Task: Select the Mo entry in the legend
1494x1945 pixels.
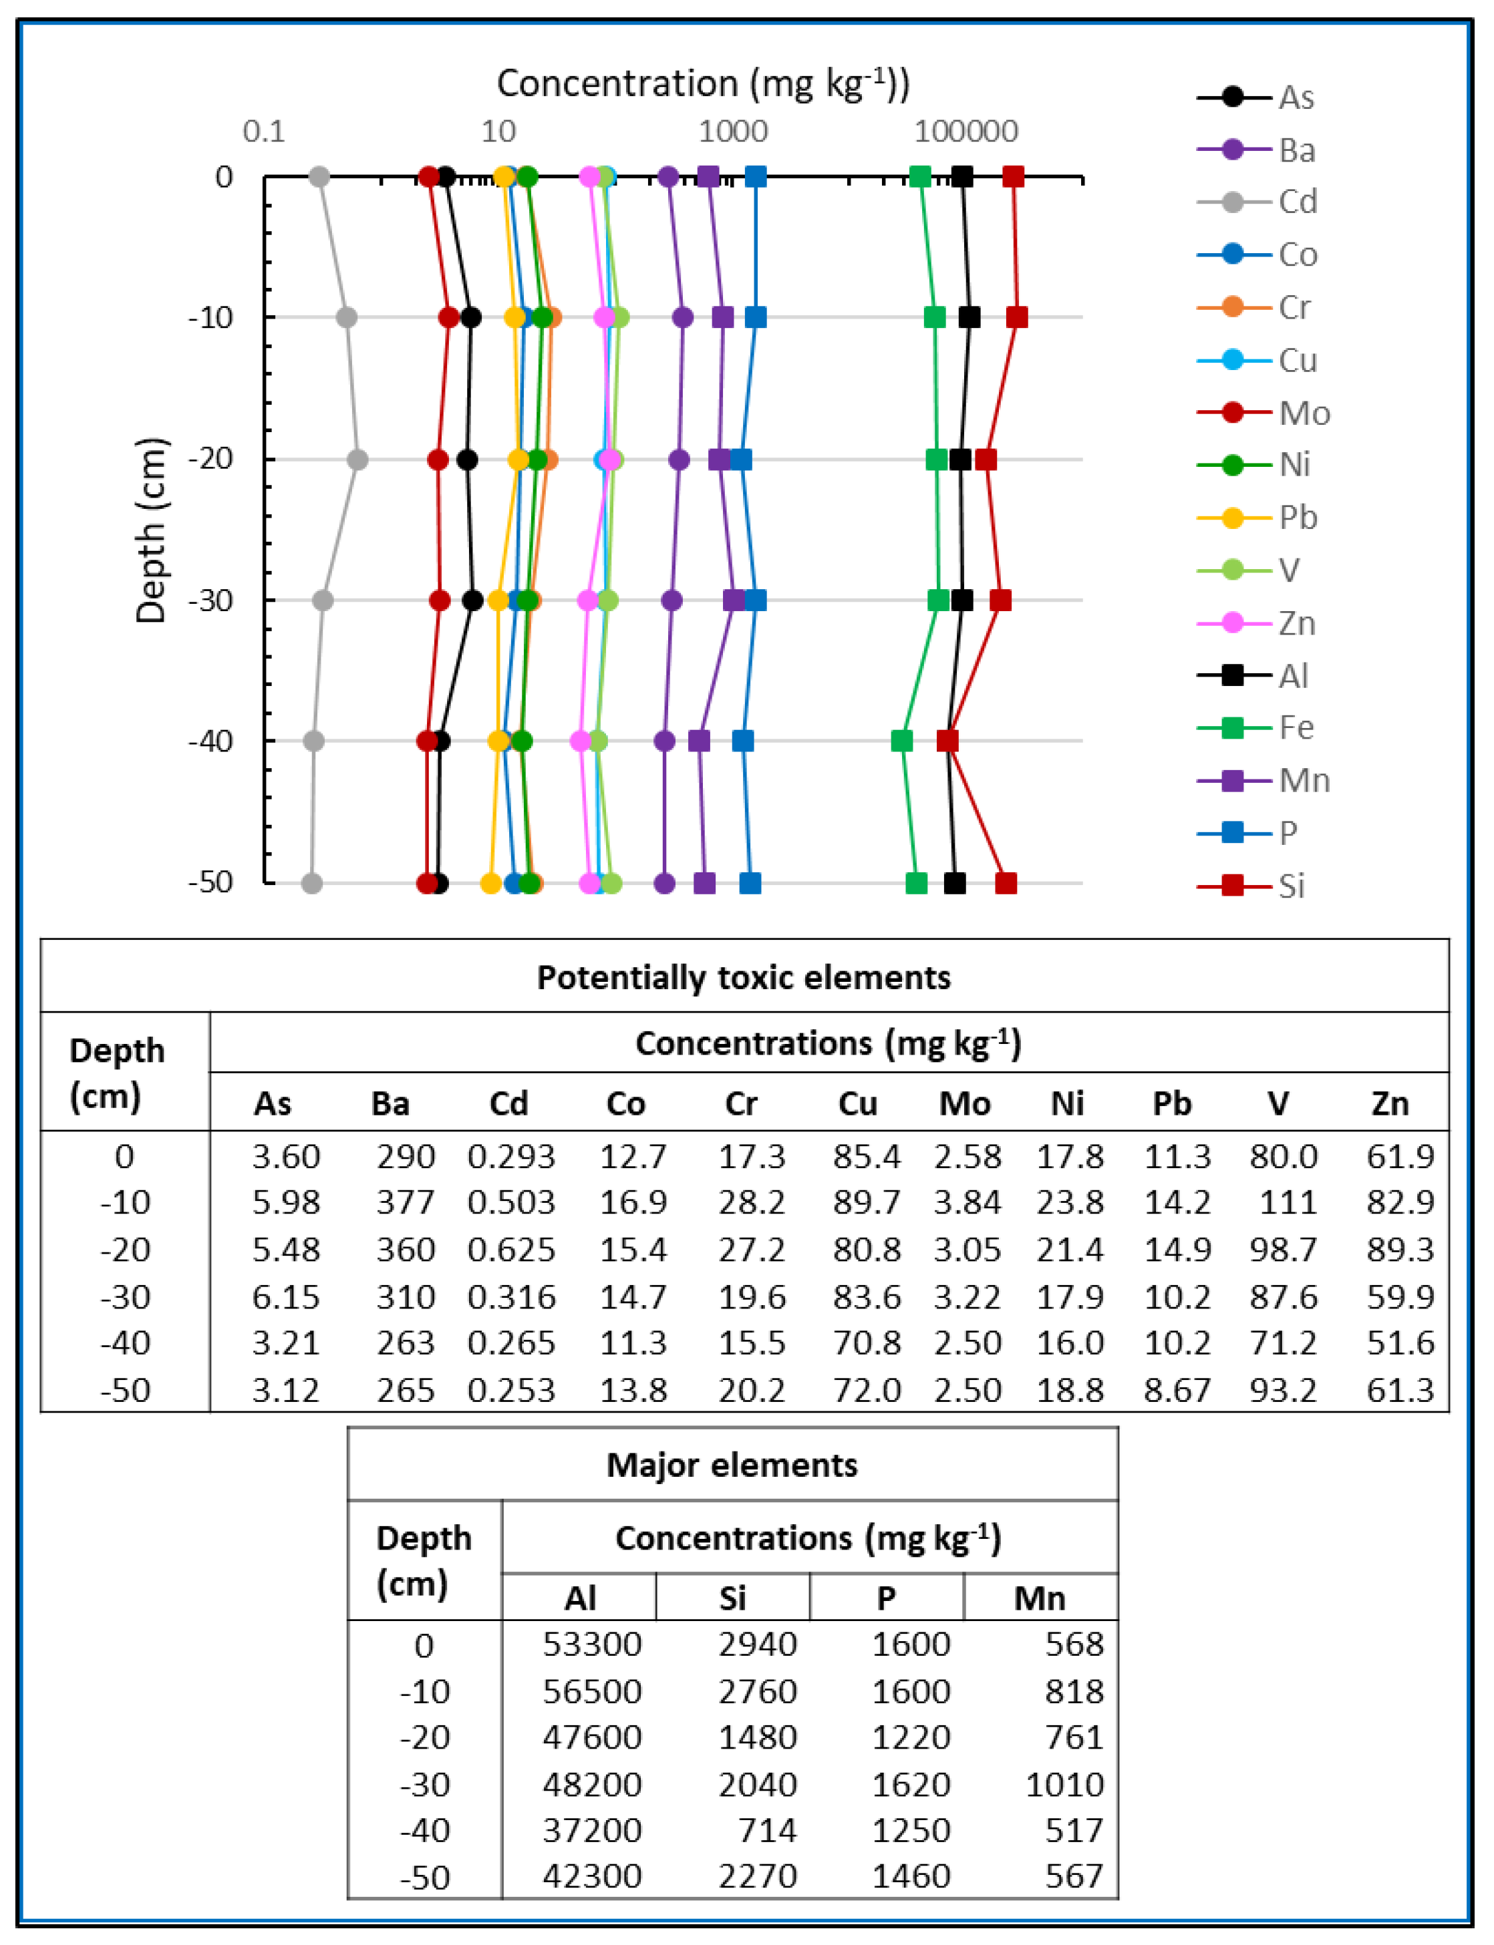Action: [x=1263, y=413]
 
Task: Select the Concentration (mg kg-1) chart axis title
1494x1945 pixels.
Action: [x=702, y=83]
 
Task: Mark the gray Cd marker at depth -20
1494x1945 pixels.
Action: [x=357, y=460]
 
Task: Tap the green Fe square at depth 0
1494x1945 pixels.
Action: [x=921, y=177]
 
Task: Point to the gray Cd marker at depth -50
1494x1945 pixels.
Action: [x=311, y=884]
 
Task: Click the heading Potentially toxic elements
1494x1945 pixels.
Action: [x=744, y=977]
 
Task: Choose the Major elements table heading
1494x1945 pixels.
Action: [x=732, y=1464]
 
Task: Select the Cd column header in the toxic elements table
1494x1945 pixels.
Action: [x=508, y=1103]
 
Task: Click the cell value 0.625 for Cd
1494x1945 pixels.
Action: [x=511, y=1249]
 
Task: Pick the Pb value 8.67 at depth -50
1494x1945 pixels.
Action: [x=1177, y=1389]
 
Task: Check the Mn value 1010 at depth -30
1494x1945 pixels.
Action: [x=1064, y=1784]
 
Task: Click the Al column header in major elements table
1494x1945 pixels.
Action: [x=580, y=1598]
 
